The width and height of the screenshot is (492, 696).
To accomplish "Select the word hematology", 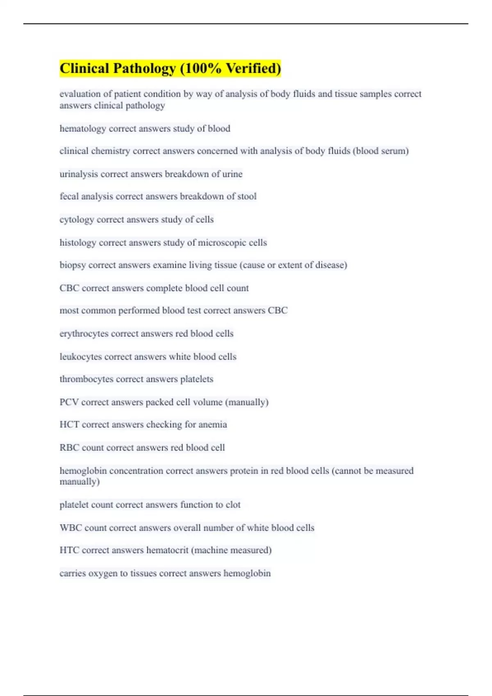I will tap(82, 129).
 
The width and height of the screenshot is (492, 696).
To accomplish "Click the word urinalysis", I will tap(79, 174).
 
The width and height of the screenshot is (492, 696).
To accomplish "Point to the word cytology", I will tap(77, 219).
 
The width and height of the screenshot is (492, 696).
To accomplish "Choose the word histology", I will tap(78, 242).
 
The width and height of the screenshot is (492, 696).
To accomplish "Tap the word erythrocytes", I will tap(84, 333).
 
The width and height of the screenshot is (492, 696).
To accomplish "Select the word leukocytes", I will tap(81, 357).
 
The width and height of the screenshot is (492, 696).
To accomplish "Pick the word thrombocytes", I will tap(87, 379).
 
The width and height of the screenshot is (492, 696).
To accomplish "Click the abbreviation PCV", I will tap(69, 402).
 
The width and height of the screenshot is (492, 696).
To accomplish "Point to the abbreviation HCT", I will tap(69, 425).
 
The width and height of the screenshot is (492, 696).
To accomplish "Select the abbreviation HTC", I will tap(69, 550).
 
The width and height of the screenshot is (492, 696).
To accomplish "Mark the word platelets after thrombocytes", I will tap(197, 379).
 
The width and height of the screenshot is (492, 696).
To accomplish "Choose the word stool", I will tap(247, 197).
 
